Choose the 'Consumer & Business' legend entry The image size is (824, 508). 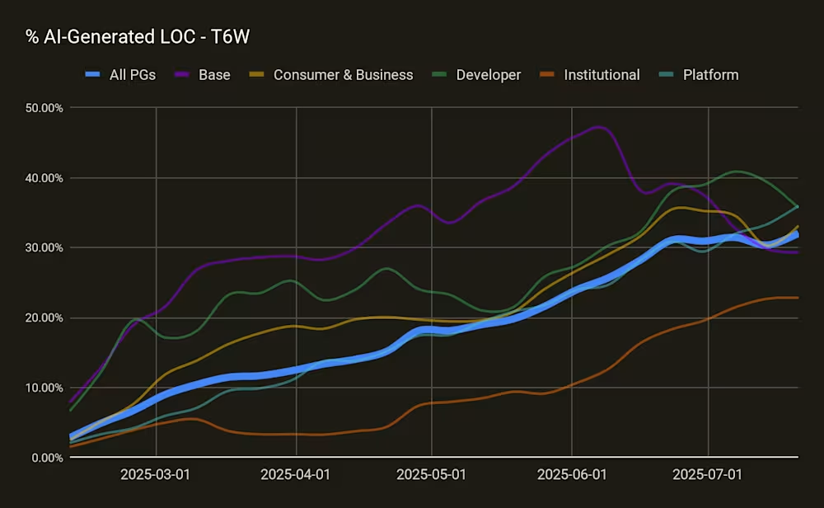pos(343,75)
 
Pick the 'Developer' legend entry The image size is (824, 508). pos(488,75)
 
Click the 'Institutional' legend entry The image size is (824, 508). pos(602,75)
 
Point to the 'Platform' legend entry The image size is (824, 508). pos(710,75)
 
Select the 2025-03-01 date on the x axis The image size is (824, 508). pos(156,475)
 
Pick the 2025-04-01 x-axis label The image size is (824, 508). pos(295,475)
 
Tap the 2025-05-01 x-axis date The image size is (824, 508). pos(431,475)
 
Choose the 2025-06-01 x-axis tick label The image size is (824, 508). pos(571,475)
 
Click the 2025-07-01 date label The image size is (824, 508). pos(708,475)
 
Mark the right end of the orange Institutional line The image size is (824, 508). pos(798,298)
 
